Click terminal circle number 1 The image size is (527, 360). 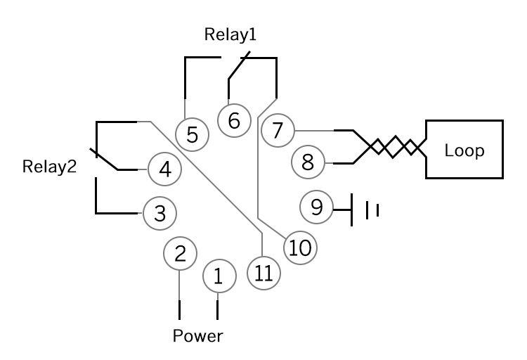[218, 276]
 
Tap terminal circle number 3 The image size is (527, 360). [160, 213]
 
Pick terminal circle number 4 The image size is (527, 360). [164, 169]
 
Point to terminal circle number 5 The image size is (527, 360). [192, 134]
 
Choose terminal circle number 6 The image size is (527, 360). [234, 120]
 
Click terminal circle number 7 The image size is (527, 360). [278, 130]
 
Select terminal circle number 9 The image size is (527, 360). [316, 207]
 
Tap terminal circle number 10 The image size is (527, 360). [301, 247]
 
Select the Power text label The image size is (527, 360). [198, 335]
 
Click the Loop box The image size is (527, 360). [464, 150]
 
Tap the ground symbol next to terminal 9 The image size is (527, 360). [365, 210]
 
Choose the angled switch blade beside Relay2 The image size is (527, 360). [105, 159]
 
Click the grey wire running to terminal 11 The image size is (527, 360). [211, 182]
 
